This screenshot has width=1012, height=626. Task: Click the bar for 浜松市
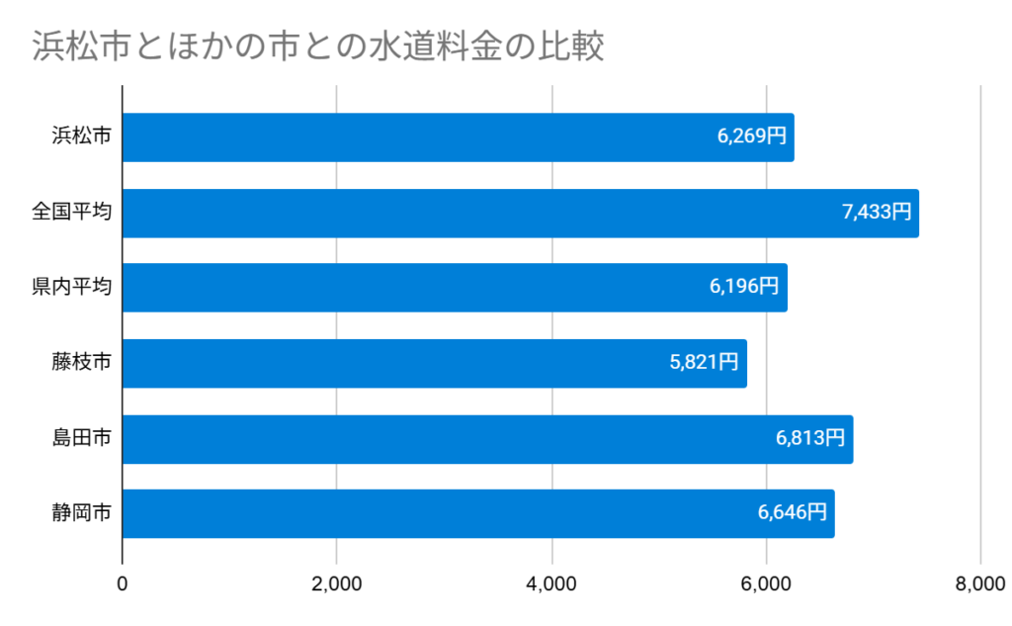(415, 137)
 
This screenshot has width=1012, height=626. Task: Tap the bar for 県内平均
(415, 288)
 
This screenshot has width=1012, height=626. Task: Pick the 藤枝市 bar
(395, 363)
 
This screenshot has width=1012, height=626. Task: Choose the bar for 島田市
(445, 439)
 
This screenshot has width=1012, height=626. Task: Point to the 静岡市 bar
(435, 513)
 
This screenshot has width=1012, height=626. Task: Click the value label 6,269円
(752, 137)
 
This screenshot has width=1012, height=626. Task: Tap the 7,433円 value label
(877, 213)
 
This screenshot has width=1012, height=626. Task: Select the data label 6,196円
(744, 288)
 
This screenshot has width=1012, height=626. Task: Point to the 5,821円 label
(704, 363)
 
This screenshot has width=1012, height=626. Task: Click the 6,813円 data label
(810, 439)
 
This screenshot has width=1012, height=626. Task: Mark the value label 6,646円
(793, 513)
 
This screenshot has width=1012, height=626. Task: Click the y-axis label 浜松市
(81, 137)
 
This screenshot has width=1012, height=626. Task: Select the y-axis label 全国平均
(71, 213)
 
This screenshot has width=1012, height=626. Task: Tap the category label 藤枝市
(81, 363)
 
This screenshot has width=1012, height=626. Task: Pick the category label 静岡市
(81, 513)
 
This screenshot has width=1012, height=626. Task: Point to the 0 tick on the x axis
(123, 584)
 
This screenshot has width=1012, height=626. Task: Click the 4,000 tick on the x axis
(551, 584)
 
